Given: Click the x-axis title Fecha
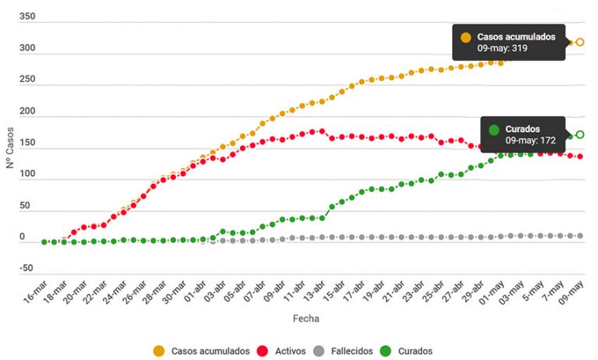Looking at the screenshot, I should click(x=305, y=319).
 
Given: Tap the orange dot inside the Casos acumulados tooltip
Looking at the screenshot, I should click(x=466, y=37).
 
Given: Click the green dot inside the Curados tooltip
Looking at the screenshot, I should click(x=493, y=129).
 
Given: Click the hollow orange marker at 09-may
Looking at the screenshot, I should click(x=580, y=42).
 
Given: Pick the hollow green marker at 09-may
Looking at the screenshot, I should click(x=580, y=135).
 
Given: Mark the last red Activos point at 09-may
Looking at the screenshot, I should click(x=580, y=157).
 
